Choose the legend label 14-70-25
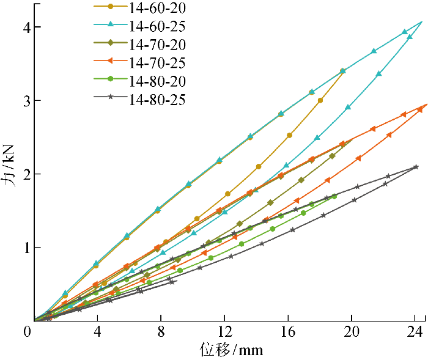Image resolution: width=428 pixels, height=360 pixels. (158, 62)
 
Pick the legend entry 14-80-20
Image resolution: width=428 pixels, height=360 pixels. (158, 81)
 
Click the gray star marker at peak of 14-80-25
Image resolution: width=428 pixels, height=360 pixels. (416, 166)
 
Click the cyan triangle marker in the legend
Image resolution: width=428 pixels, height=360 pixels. (110, 25)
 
